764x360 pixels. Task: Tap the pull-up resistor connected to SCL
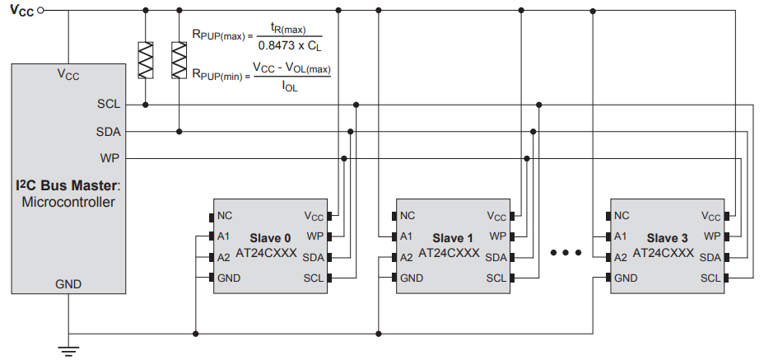point(146,60)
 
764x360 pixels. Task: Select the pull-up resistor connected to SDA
point(179,60)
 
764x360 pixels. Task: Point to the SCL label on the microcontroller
point(108,105)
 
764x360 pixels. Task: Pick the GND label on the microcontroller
point(68,284)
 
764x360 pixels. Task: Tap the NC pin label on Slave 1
point(408,217)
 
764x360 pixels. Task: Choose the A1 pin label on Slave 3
point(622,236)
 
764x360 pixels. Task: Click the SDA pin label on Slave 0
point(313,258)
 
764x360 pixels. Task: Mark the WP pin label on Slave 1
point(497,236)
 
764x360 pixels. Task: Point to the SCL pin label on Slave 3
point(710,278)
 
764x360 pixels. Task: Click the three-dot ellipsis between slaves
point(566,252)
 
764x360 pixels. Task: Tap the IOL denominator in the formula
point(291,84)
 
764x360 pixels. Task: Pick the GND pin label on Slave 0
point(230,278)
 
